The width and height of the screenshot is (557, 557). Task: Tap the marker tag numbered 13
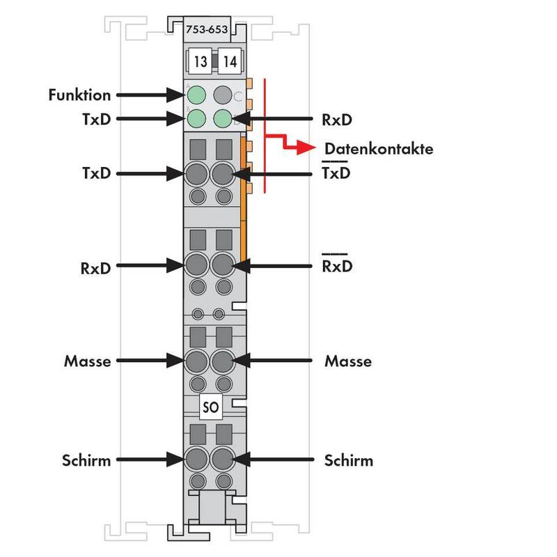[200, 62]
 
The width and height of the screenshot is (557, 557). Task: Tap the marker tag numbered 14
[230, 62]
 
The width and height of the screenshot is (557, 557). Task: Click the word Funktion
[80, 94]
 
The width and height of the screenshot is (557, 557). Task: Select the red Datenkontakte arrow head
[304, 148]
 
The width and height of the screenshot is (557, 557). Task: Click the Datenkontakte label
[379, 148]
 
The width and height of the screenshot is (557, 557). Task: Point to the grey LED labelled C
[223, 94]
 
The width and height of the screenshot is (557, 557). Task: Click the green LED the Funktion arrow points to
[197, 94]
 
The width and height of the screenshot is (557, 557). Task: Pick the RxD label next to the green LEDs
[336, 119]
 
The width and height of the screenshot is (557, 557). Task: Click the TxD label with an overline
[336, 173]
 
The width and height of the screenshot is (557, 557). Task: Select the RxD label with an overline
[336, 266]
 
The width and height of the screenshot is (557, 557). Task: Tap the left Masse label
[87, 361]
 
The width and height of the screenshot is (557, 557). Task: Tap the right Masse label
[347, 361]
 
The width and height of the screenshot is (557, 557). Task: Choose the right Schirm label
[348, 460]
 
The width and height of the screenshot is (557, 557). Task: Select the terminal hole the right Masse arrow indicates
[223, 361]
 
